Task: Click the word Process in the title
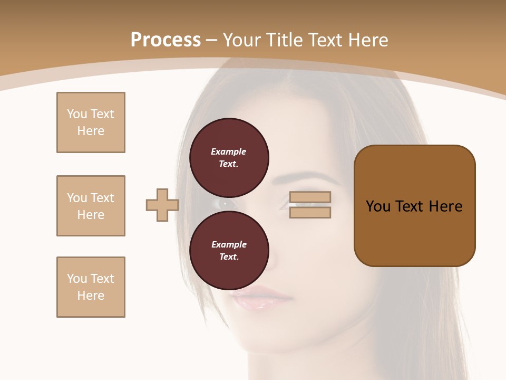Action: [166, 40]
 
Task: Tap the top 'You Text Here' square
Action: [91, 122]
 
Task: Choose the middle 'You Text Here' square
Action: [91, 206]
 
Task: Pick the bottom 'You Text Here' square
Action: [91, 287]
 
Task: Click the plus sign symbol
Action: [162, 205]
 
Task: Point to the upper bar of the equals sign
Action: [310, 197]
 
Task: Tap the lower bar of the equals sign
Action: [310, 212]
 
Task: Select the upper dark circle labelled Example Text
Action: [229, 158]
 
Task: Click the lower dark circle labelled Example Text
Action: [229, 251]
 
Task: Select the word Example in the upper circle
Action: [229, 151]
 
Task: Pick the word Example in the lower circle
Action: [229, 244]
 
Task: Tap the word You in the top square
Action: [77, 114]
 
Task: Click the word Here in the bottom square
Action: [91, 296]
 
